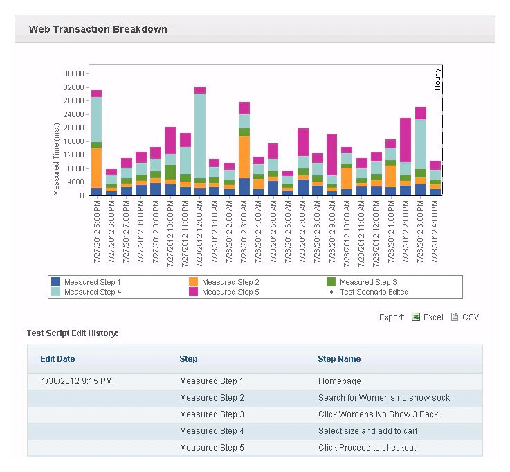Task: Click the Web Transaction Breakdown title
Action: click(98, 30)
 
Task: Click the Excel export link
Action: click(432, 317)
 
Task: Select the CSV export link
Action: click(470, 317)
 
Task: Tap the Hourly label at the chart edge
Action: click(437, 79)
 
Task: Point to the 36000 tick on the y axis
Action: click(73, 73)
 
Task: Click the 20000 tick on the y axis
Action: click(73, 128)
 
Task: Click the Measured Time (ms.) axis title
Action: click(57, 159)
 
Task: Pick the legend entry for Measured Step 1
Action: click(92, 282)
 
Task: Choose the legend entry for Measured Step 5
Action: click(230, 292)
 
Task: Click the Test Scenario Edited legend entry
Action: click(374, 292)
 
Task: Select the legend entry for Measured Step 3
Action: click(367, 282)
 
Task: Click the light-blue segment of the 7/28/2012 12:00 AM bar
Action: click(200, 135)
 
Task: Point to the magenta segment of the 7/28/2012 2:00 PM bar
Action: click(406, 140)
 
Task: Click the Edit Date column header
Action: click(57, 359)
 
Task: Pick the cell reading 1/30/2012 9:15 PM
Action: click(76, 381)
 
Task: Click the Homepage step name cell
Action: click(339, 381)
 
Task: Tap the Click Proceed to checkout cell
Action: click(367, 448)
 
